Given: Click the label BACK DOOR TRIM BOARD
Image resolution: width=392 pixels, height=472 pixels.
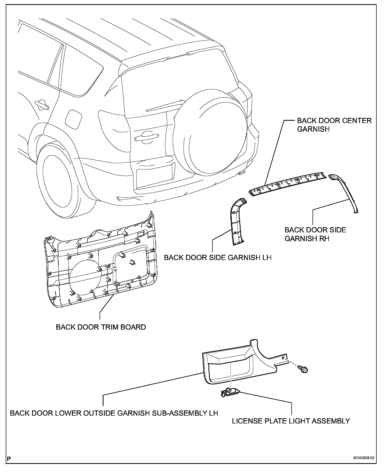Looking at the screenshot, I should coord(101,327).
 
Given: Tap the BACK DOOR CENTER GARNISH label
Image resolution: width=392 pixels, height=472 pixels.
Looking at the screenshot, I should coord(334,125).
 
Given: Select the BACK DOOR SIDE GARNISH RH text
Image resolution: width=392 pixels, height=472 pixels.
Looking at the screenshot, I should coord(315,234).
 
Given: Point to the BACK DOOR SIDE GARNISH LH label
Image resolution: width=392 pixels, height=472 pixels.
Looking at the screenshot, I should coord(218,258).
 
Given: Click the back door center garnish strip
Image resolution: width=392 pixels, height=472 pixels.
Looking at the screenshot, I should coord(287,183).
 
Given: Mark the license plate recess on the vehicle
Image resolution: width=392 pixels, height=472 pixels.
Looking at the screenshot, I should coord(155,176).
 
